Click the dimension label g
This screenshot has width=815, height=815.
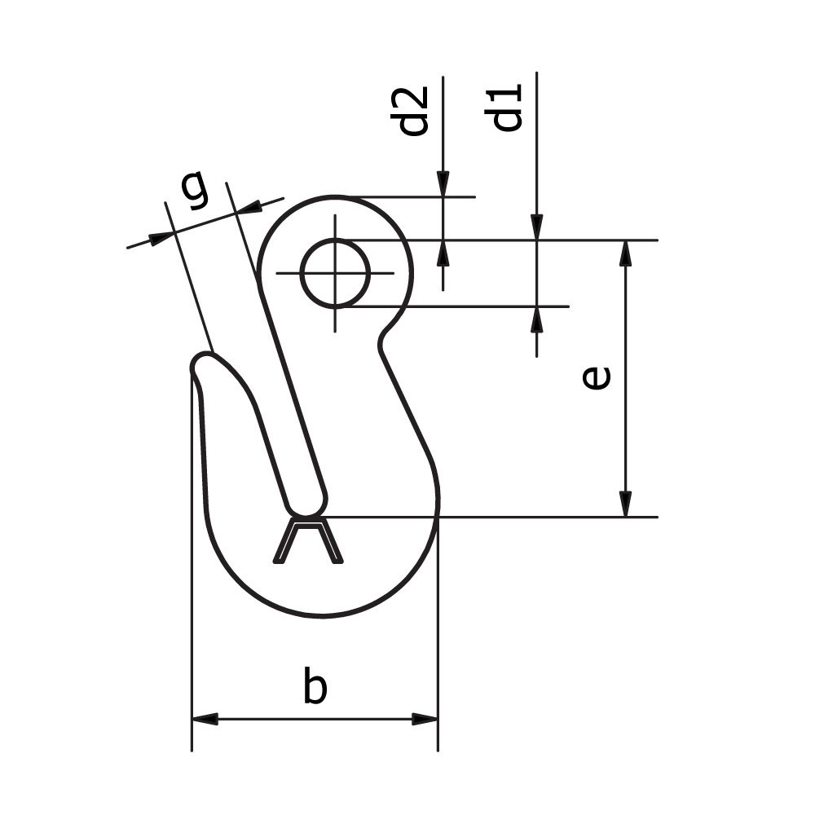pos(194,190)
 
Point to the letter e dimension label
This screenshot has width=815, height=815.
pos(597,378)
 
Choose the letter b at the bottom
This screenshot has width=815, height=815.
pos(315,686)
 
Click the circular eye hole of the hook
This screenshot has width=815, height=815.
pos(335,273)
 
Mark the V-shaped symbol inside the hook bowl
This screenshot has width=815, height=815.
pos(307,541)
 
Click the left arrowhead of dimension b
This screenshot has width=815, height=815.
pos(205,719)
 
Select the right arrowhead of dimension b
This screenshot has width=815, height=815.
pos(425,719)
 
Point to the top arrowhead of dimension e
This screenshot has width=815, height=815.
pos(625,253)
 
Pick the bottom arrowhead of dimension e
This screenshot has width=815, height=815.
pos(625,504)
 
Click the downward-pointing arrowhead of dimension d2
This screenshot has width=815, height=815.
pos(443,184)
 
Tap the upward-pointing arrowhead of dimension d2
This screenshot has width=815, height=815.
pos(443,253)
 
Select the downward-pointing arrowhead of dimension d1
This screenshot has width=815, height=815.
pos(536,227)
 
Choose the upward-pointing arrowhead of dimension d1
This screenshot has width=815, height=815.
pos(536,319)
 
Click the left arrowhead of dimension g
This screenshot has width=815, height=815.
pos(161,237)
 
